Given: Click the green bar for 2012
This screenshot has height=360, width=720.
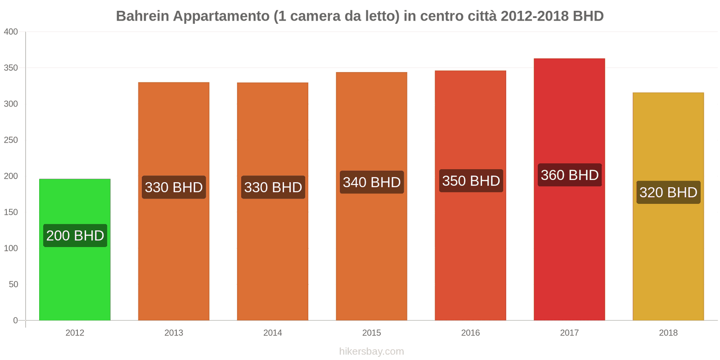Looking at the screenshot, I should [75, 279].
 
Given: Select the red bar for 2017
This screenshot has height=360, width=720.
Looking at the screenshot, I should [569, 252].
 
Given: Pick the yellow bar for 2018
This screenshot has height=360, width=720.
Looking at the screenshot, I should [668, 261].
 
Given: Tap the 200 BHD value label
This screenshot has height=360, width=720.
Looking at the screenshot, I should [75, 235].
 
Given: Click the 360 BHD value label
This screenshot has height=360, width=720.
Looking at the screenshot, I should [570, 175].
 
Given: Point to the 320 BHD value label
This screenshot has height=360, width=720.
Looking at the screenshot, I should [668, 193].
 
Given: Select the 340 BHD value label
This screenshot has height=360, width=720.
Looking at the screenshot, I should [372, 182].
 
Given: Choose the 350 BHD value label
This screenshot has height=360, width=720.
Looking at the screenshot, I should [471, 181].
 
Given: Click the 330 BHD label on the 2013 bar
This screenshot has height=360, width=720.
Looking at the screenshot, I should [174, 187].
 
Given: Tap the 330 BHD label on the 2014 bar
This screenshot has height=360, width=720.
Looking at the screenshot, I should [273, 187].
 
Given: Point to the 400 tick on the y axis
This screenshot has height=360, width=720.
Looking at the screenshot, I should [11, 31].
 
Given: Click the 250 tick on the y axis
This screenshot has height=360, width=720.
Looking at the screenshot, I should [11, 140].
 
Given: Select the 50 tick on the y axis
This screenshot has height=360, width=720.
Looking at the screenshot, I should [13, 284].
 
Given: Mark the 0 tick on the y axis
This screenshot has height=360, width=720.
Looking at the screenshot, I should [15, 320].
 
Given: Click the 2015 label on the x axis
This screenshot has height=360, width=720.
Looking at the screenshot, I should [372, 333].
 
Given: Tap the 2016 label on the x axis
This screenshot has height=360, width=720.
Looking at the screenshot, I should [471, 333].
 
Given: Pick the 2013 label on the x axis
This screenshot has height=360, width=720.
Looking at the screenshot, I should [174, 333].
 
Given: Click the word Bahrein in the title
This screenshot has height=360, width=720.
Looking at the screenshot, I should [142, 16].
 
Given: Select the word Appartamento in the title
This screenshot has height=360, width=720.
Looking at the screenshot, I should [221, 16].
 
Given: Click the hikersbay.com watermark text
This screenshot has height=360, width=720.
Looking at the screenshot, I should [372, 351].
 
